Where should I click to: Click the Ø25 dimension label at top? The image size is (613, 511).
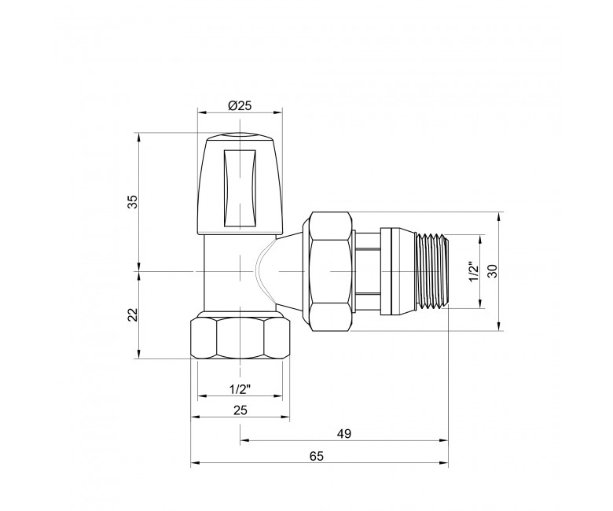click(x=239, y=105)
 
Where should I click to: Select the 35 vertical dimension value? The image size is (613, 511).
click(x=134, y=202)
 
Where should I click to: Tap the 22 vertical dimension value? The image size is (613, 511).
click(x=134, y=314)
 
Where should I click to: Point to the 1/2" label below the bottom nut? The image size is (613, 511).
click(x=240, y=389)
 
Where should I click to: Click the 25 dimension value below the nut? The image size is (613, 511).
click(x=240, y=410)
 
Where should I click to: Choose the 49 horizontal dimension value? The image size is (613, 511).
click(x=344, y=434)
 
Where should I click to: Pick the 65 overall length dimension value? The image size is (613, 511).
click(x=317, y=456)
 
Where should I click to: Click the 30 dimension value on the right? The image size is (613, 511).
click(x=494, y=271)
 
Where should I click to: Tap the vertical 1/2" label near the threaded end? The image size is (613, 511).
click(x=474, y=271)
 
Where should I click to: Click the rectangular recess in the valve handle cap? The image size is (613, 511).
click(x=240, y=188)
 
